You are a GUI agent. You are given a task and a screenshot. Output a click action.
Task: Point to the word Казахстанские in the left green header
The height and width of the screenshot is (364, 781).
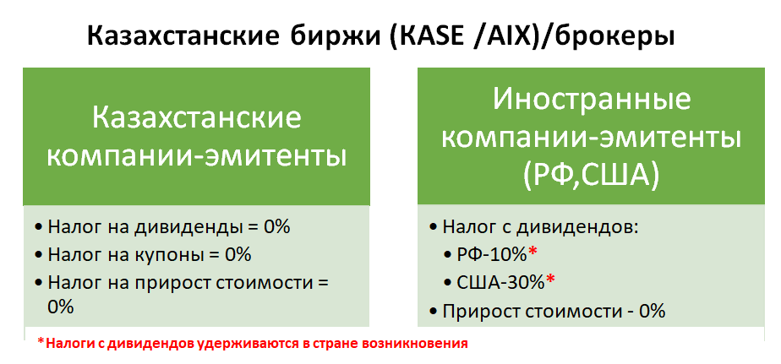click(197, 120)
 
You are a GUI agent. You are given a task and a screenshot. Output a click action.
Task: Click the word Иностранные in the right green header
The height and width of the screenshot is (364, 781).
click(592, 101)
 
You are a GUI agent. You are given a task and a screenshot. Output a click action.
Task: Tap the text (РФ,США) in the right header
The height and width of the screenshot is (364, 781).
click(591, 177)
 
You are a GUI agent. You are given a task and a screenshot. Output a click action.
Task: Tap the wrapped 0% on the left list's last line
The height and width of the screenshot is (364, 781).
click(61, 307)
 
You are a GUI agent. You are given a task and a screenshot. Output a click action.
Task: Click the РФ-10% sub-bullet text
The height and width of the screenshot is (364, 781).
click(492, 255)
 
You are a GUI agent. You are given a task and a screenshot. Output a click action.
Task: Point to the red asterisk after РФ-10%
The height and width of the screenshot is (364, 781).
click(532, 252)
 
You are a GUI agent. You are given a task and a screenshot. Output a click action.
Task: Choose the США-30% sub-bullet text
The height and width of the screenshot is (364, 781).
click(501, 283)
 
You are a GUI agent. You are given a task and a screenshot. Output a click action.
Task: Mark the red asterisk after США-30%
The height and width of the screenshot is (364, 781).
click(550, 280)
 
